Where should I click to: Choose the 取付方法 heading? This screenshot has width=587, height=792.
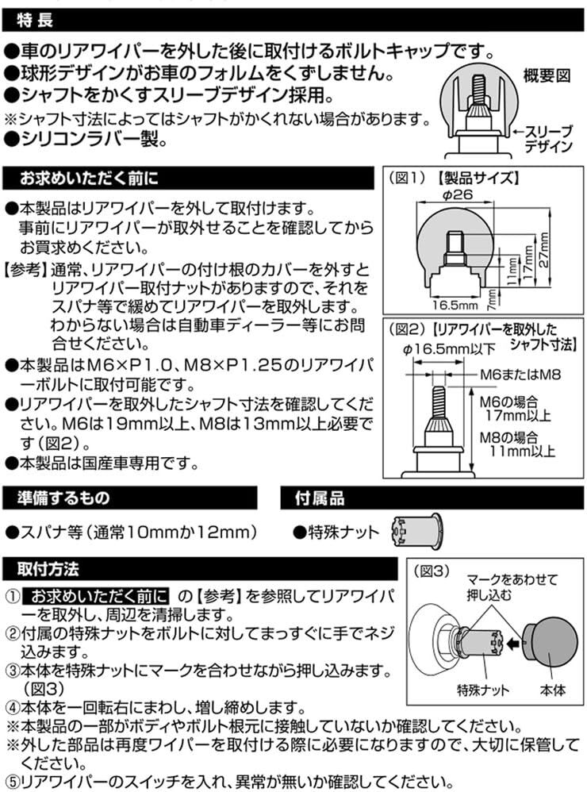(49, 570)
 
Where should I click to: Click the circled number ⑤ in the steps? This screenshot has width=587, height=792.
(12, 781)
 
